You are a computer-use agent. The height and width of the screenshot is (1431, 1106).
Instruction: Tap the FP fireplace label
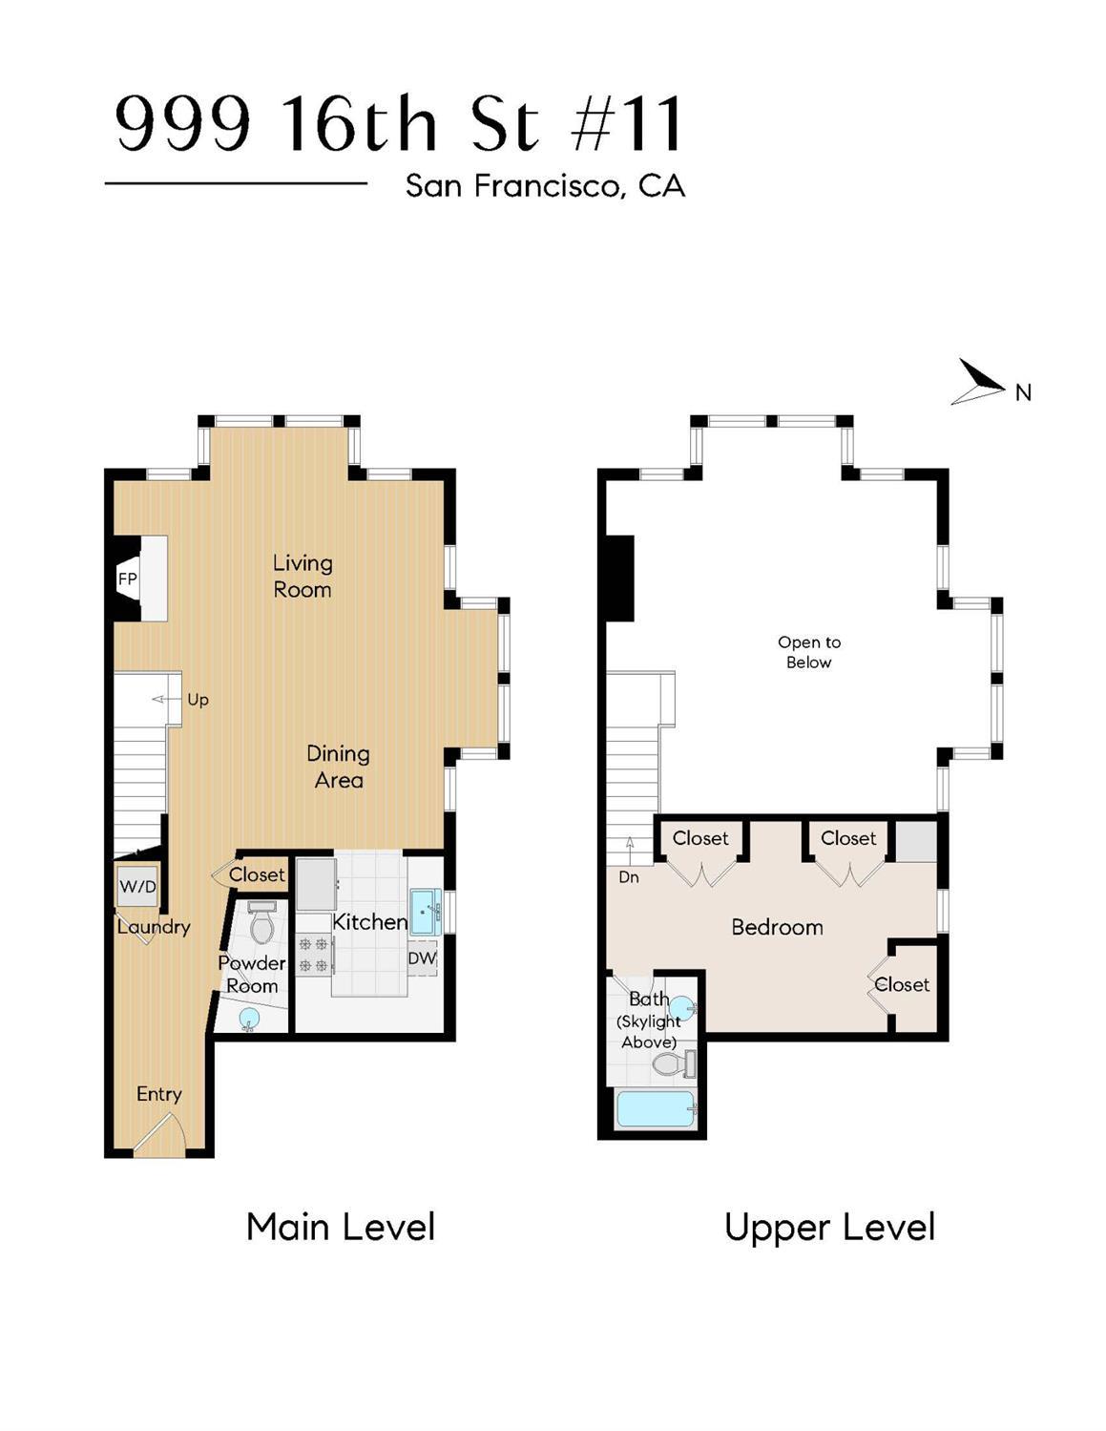click(x=127, y=579)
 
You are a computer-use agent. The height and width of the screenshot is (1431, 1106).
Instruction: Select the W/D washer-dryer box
click(x=137, y=886)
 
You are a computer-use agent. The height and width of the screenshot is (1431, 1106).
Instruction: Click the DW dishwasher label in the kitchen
click(x=422, y=958)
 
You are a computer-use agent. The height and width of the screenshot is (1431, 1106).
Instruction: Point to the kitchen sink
click(x=425, y=911)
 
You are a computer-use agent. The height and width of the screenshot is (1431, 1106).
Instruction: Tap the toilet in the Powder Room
click(x=261, y=923)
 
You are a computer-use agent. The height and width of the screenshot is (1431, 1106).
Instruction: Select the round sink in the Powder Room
click(x=248, y=1019)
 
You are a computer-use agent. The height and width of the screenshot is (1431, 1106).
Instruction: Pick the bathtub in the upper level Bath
click(x=656, y=1109)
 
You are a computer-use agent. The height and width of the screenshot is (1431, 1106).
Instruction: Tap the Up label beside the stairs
click(x=198, y=700)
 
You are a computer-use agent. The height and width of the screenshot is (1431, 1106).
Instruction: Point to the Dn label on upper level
click(x=629, y=876)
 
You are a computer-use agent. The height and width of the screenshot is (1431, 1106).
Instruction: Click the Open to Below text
click(x=808, y=652)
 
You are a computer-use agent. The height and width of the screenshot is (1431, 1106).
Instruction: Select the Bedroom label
click(x=777, y=927)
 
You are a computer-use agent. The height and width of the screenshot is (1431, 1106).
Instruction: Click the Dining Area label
click(x=338, y=767)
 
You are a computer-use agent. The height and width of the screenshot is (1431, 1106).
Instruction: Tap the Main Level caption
click(x=340, y=1227)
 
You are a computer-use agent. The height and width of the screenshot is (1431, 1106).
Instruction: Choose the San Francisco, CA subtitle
click(x=545, y=185)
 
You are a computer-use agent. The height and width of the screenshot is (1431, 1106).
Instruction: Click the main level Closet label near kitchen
click(x=257, y=874)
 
